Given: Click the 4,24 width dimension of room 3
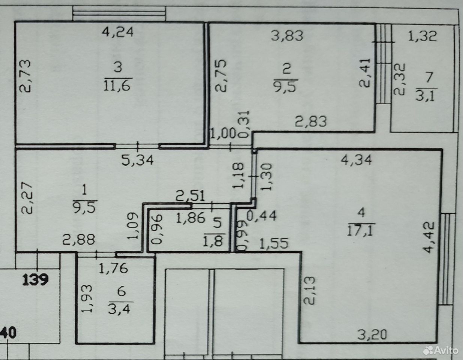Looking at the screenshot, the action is point(117,32).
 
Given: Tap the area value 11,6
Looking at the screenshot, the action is point(117,86).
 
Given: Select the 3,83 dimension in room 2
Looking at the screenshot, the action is point(287,36).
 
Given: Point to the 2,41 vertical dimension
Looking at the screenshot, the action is point(365,73).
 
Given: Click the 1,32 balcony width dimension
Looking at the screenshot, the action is point(422,36).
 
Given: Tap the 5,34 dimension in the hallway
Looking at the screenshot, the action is point(137,160).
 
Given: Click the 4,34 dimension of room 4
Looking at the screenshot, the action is point(356,160).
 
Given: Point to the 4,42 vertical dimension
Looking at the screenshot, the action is point(428,237).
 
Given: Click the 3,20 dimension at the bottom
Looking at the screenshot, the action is point(371,334).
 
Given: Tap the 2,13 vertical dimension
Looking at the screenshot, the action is point(309,290).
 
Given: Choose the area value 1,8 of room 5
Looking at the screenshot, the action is point(213,241).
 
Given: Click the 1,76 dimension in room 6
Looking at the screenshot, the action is point(113,268).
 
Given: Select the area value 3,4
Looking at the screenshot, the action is point(119,309).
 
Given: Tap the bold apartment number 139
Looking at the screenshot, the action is point(35,280).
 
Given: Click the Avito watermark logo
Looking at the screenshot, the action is point(440,350).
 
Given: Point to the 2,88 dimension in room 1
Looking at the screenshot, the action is point(78,240).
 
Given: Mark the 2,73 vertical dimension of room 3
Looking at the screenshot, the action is point(25,76).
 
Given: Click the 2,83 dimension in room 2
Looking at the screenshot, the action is point(310,121).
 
